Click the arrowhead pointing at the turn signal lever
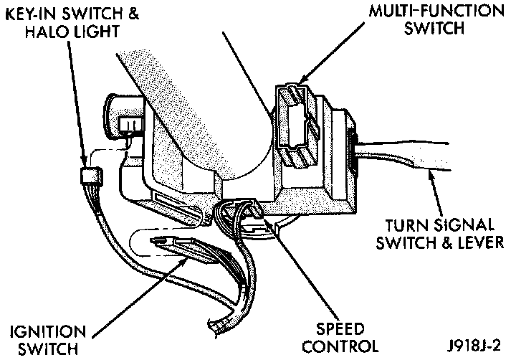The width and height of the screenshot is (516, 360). pyautogui.click(x=433, y=176)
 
